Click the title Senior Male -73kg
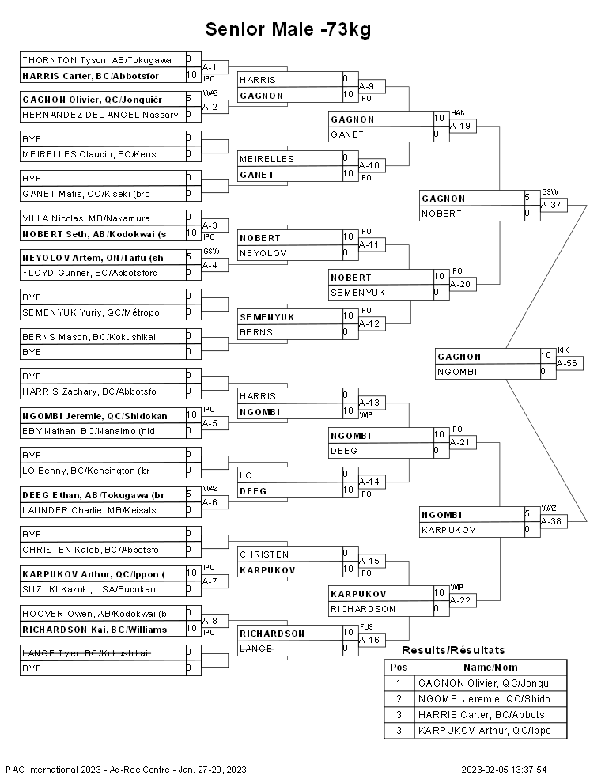click(x=288, y=29)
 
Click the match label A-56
click(x=567, y=363)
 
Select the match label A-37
click(x=551, y=205)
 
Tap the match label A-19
click(x=460, y=126)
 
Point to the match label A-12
click(x=369, y=323)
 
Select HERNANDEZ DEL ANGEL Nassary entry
click(x=100, y=115)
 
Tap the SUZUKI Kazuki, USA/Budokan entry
click(x=89, y=589)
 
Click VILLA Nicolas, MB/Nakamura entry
click(x=86, y=218)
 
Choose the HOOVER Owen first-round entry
click(x=94, y=614)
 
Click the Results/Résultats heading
click(x=453, y=650)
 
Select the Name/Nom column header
click(x=490, y=668)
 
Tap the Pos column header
click(x=399, y=668)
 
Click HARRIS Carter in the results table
click(x=481, y=715)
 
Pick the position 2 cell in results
click(x=399, y=698)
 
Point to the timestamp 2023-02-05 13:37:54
click(x=505, y=770)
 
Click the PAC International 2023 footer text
click(x=127, y=770)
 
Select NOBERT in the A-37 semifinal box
click(x=442, y=214)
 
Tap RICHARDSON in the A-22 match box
click(x=363, y=609)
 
